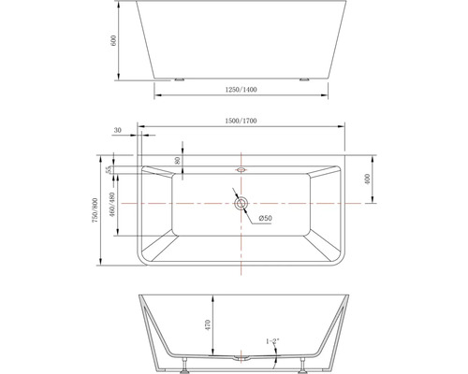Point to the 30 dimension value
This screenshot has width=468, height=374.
118,131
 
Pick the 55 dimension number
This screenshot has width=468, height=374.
110,170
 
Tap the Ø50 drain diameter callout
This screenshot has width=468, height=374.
266,219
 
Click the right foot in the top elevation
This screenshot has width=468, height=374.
303,80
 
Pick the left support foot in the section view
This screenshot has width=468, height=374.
190,361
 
